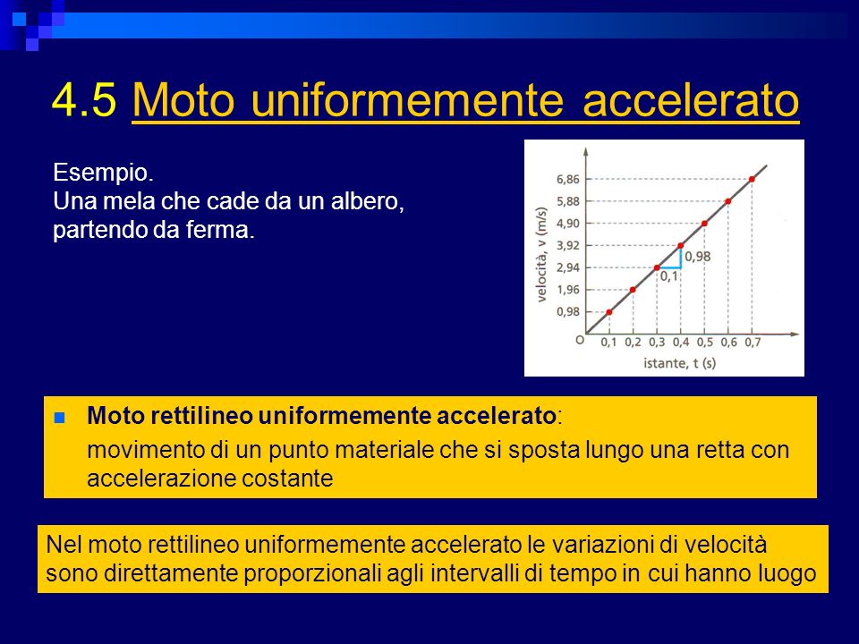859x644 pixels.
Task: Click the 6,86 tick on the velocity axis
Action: (x=568, y=179)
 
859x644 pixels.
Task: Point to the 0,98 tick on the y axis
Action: (x=568, y=311)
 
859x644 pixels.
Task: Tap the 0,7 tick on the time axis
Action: (x=753, y=343)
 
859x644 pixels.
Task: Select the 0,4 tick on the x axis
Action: (x=681, y=343)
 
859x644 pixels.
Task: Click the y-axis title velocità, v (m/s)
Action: (x=542, y=255)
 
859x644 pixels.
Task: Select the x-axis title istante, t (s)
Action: (x=679, y=362)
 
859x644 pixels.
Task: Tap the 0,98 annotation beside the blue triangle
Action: (x=697, y=257)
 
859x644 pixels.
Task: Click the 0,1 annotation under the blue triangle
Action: (x=669, y=276)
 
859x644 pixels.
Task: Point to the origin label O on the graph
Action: (x=580, y=340)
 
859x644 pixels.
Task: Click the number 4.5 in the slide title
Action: (x=84, y=99)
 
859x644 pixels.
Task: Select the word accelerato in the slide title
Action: (x=690, y=100)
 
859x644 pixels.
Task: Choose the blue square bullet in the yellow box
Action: (x=60, y=419)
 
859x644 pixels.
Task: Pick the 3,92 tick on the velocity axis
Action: (x=568, y=245)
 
